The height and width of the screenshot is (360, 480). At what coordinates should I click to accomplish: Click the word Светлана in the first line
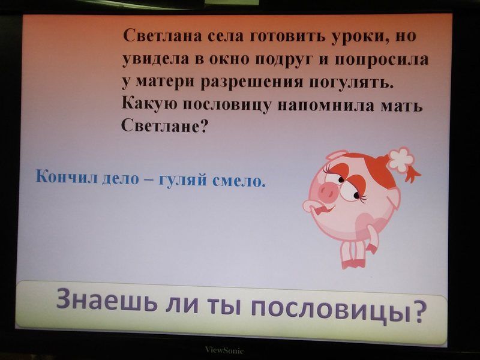(x=162, y=36)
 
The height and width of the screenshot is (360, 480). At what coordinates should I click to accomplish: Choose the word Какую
(x=149, y=104)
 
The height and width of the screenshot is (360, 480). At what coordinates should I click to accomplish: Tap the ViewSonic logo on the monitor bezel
(x=224, y=350)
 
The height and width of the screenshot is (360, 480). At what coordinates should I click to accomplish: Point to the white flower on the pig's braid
(x=401, y=158)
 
